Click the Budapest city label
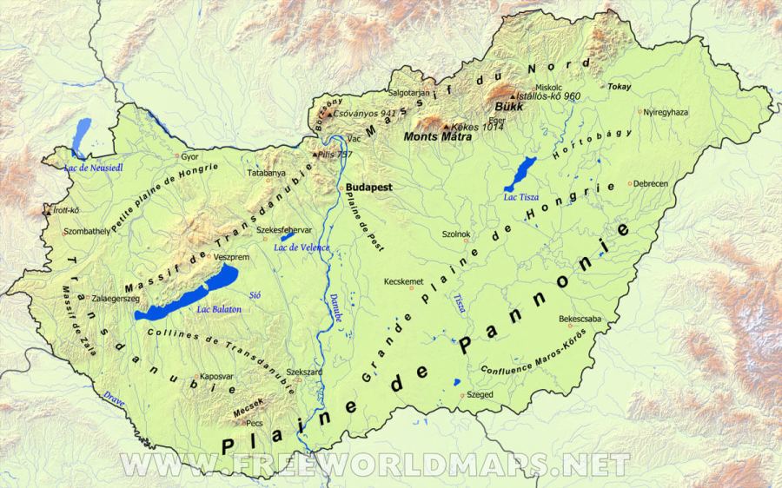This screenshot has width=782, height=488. tap(369, 187)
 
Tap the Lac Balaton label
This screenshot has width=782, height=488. tap(219, 309)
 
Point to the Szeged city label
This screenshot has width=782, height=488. tap(480, 394)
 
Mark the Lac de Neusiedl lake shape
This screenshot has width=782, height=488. tap(82, 134)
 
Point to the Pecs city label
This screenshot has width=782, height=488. tap(254, 423)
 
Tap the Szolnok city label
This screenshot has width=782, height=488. tap(456, 234)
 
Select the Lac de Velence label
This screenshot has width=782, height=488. tap(302, 247)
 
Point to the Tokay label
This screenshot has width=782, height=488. tap(620, 87)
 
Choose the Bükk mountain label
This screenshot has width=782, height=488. tap(507, 106)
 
